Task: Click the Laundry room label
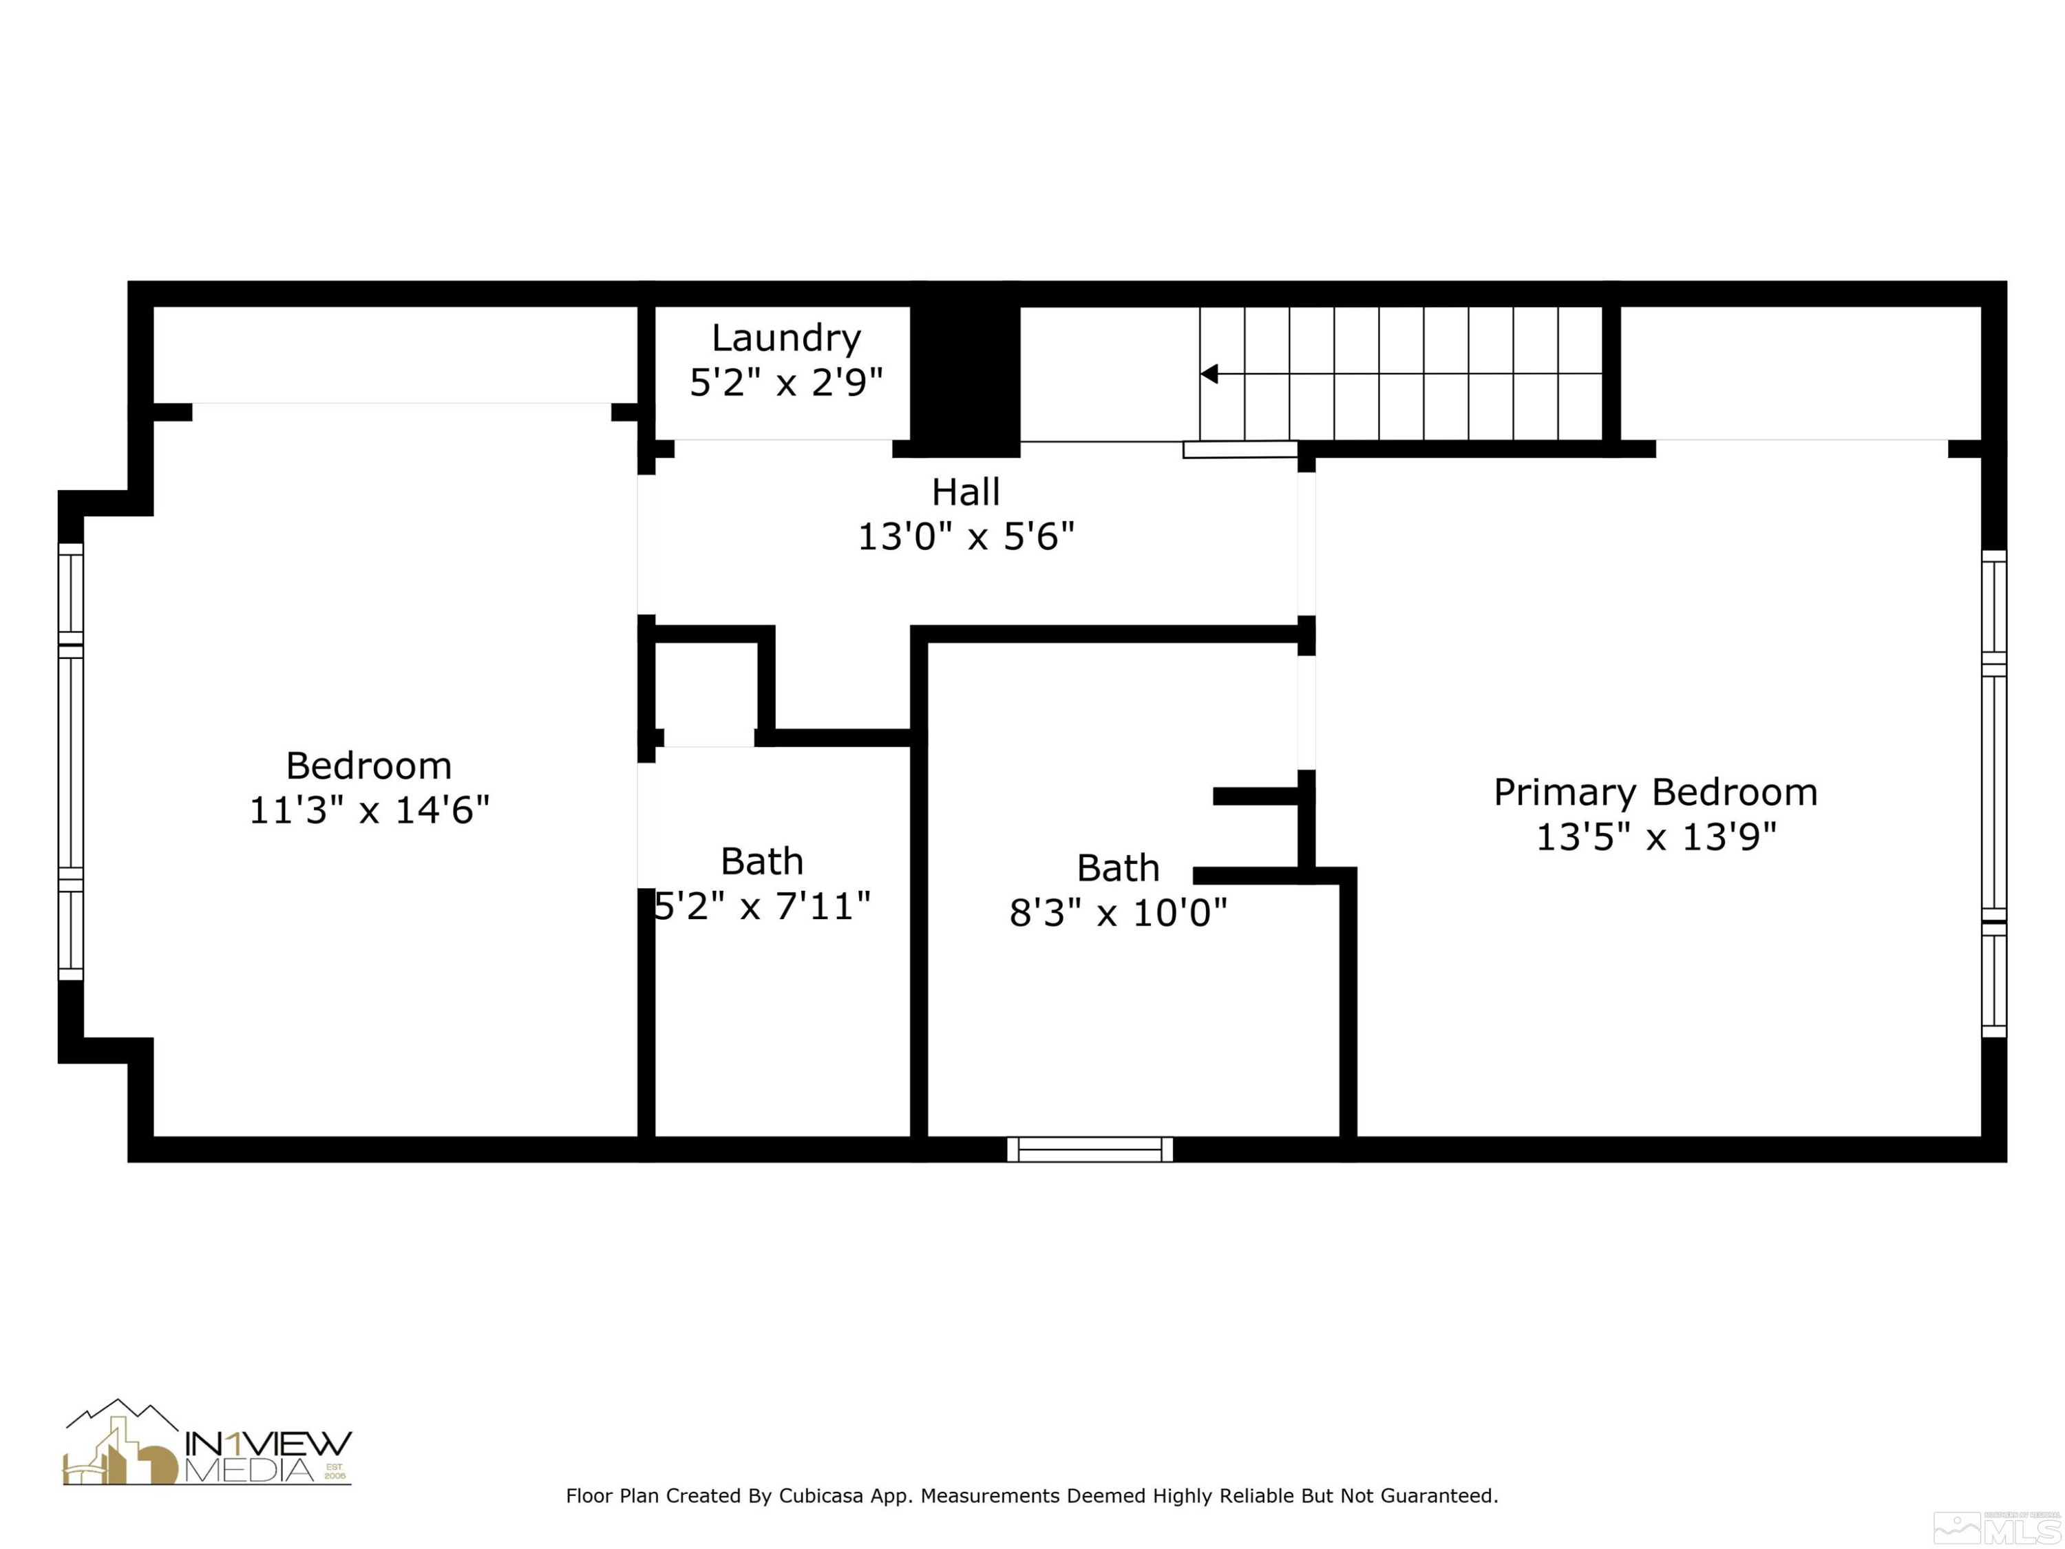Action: point(785,338)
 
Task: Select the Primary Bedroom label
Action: point(1655,792)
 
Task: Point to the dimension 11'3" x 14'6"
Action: point(369,810)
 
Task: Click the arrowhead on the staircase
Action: point(1209,375)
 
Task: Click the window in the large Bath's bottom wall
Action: point(1090,1150)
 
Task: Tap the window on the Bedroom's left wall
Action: point(71,761)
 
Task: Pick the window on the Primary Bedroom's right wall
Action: point(1993,794)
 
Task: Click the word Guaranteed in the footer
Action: point(1438,1496)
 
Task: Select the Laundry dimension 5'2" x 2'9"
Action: point(785,383)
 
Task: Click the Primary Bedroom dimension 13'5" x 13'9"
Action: point(1655,836)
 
